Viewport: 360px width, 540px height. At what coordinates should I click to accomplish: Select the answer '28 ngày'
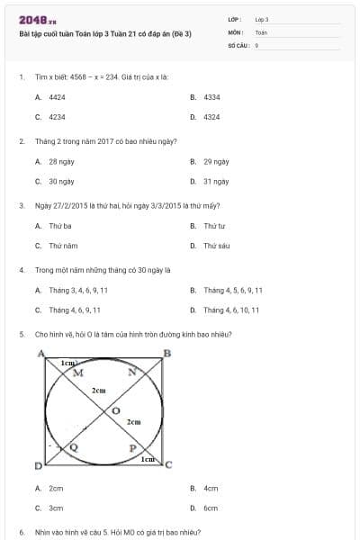(x=60, y=162)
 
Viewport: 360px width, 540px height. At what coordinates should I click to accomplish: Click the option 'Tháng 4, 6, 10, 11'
(x=231, y=310)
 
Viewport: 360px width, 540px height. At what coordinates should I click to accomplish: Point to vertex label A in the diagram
(x=40, y=354)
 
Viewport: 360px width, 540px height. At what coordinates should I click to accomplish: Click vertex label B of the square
(x=166, y=353)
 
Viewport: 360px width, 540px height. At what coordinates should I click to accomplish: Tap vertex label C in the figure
(x=168, y=463)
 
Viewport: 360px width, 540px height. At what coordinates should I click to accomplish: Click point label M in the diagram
(x=77, y=372)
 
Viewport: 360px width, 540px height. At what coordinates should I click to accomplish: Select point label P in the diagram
(x=132, y=447)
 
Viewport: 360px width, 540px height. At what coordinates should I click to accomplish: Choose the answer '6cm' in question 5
(x=211, y=508)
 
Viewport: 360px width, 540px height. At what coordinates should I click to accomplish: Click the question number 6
(x=21, y=533)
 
